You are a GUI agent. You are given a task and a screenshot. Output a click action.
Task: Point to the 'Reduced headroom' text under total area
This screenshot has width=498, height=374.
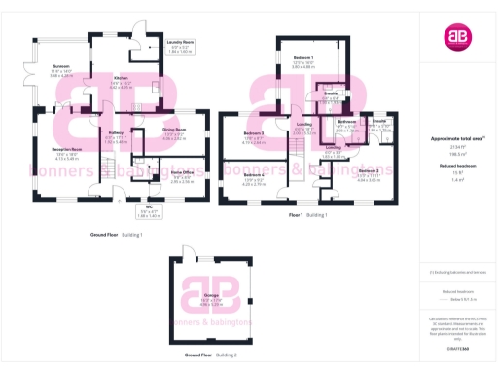[x=455, y=167]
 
